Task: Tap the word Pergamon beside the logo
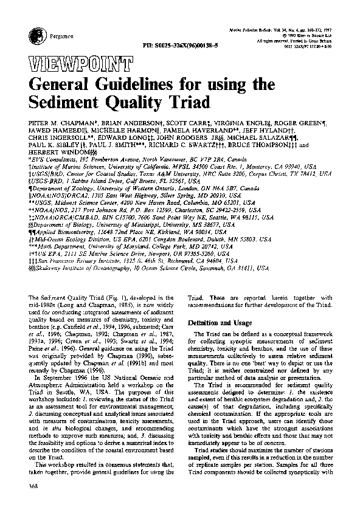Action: [x=40, y=36]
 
